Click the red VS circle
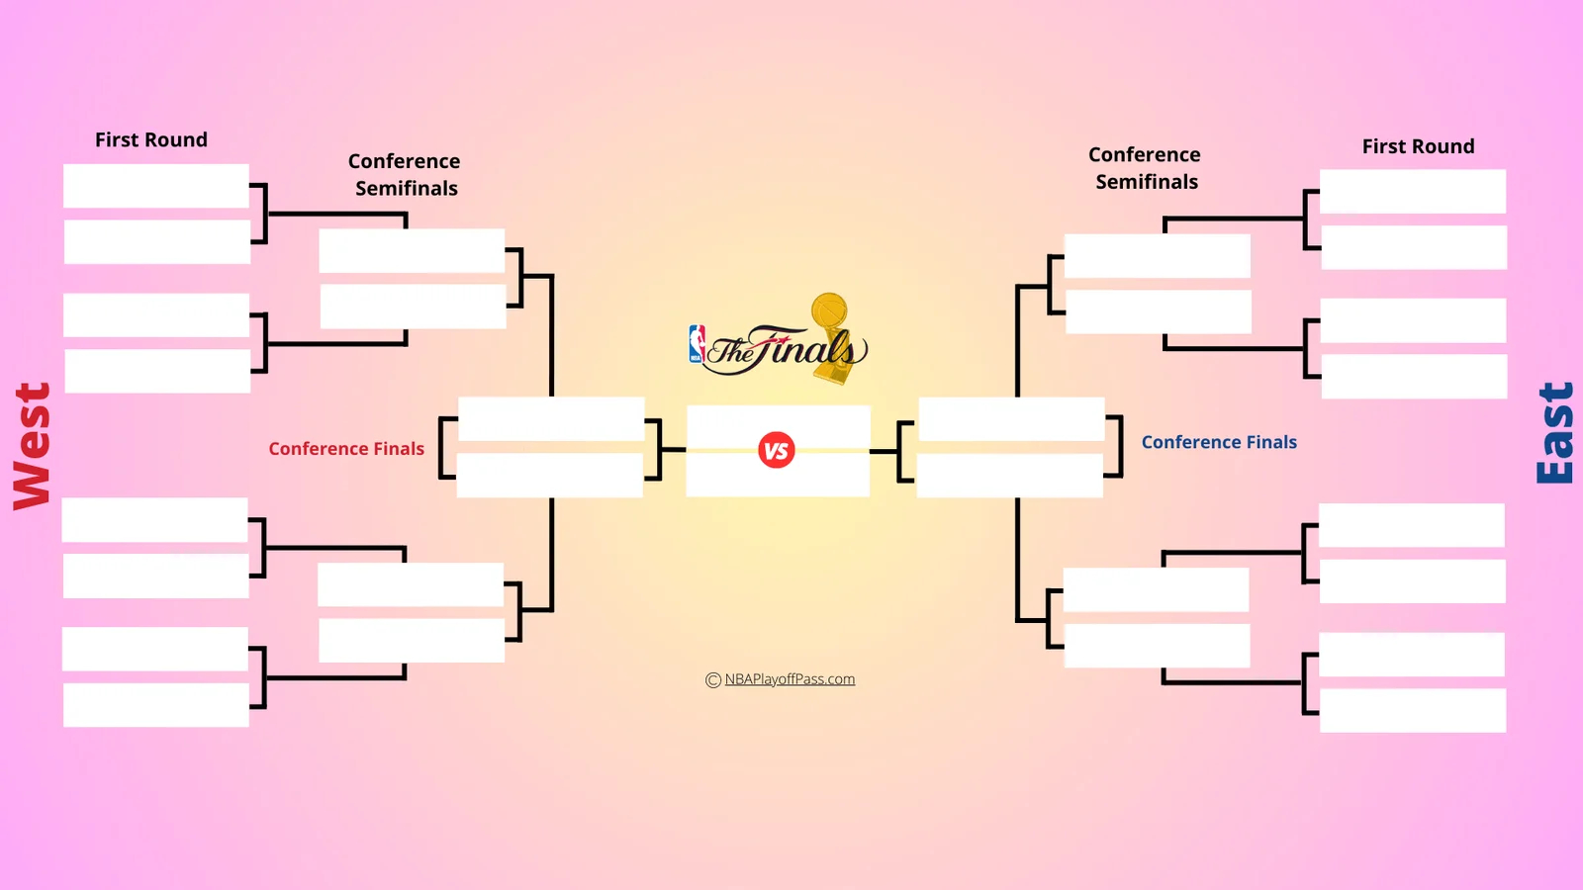point(777,451)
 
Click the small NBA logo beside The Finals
point(697,344)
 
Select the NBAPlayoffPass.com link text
point(790,679)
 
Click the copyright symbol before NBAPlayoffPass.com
point(712,680)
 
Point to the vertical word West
point(32,446)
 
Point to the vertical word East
point(1554,433)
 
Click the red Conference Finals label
point(346,449)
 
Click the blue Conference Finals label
point(1219,442)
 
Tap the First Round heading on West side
point(151,139)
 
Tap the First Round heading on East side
point(1418,146)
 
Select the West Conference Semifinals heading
point(405,174)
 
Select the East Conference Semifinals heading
point(1145,168)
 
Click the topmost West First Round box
point(156,186)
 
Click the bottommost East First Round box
point(1413,710)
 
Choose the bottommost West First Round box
point(156,705)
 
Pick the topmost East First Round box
point(1413,191)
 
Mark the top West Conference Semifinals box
point(412,250)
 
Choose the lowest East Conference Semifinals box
point(1157,646)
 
